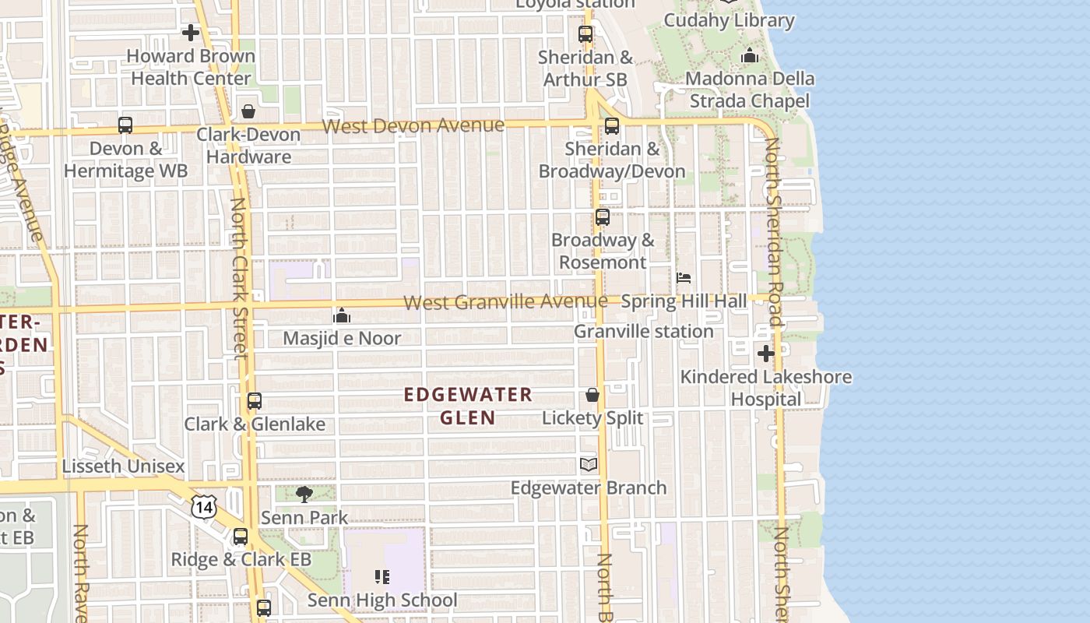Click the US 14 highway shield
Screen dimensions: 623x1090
(204, 507)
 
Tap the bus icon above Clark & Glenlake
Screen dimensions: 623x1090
(255, 401)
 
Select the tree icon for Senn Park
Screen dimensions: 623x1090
(304, 494)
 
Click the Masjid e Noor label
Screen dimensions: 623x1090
(342, 338)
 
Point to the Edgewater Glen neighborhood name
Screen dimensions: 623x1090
(468, 406)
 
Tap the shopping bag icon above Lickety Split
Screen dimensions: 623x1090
(592, 395)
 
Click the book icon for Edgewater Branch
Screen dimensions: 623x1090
(589, 465)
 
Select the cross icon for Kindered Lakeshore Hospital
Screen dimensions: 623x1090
(766, 354)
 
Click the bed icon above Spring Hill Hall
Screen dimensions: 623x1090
(684, 278)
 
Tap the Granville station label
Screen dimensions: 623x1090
(643, 331)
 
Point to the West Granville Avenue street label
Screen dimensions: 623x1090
(506, 301)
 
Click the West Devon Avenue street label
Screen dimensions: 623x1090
(413, 125)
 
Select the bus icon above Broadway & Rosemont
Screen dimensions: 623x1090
(603, 217)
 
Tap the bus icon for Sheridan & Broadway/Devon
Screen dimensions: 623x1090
(612, 125)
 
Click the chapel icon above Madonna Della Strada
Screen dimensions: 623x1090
(750, 55)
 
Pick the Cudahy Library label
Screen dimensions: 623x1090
(729, 20)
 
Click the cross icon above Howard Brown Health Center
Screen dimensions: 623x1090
(191, 33)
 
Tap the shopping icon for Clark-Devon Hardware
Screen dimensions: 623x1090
(248, 111)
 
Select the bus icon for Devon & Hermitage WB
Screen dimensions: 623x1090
(125, 125)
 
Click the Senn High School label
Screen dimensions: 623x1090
(382, 600)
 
